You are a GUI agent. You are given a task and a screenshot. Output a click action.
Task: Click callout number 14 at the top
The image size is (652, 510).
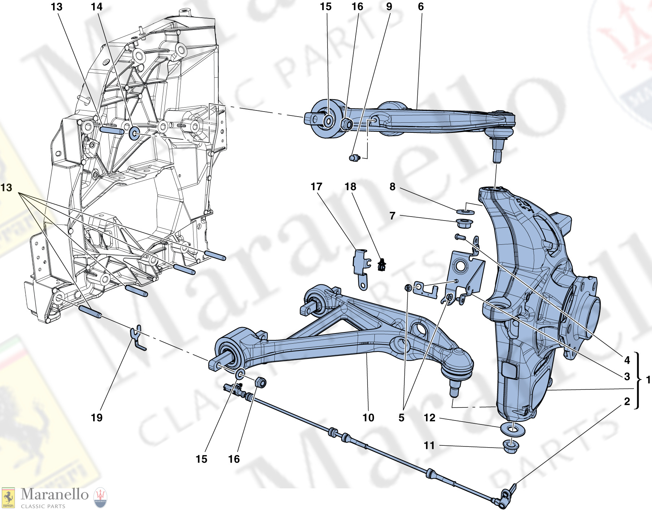tap(97, 7)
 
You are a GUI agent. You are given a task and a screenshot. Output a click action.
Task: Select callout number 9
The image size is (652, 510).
tap(389, 7)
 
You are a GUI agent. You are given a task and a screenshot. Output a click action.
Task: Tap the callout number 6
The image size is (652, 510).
tap(421, 7)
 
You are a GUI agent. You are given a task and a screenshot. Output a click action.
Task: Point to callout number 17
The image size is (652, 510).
tap(316, 187)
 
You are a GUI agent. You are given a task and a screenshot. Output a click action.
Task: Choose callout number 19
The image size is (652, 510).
tap(97, 418)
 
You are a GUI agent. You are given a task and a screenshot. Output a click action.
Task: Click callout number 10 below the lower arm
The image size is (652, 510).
tap(368, 418)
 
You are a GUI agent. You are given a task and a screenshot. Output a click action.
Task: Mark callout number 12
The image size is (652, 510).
tap(429, 418)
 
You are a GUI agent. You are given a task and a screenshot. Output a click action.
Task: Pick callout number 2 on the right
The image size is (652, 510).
tap(627, 401)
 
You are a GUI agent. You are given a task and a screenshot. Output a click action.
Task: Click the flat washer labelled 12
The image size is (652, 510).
tap(512, 429)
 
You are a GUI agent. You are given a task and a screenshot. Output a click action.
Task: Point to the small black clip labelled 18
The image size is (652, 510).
tap(382, 265)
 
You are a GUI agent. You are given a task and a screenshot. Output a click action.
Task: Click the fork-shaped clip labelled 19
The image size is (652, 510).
tap(138, 337)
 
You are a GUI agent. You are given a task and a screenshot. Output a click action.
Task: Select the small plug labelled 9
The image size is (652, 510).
tap(355, 158)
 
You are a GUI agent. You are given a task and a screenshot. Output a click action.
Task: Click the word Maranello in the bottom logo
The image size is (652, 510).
tap(55, 494)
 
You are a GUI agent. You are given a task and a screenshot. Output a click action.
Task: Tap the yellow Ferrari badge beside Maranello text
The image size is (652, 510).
tap(8, 498)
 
